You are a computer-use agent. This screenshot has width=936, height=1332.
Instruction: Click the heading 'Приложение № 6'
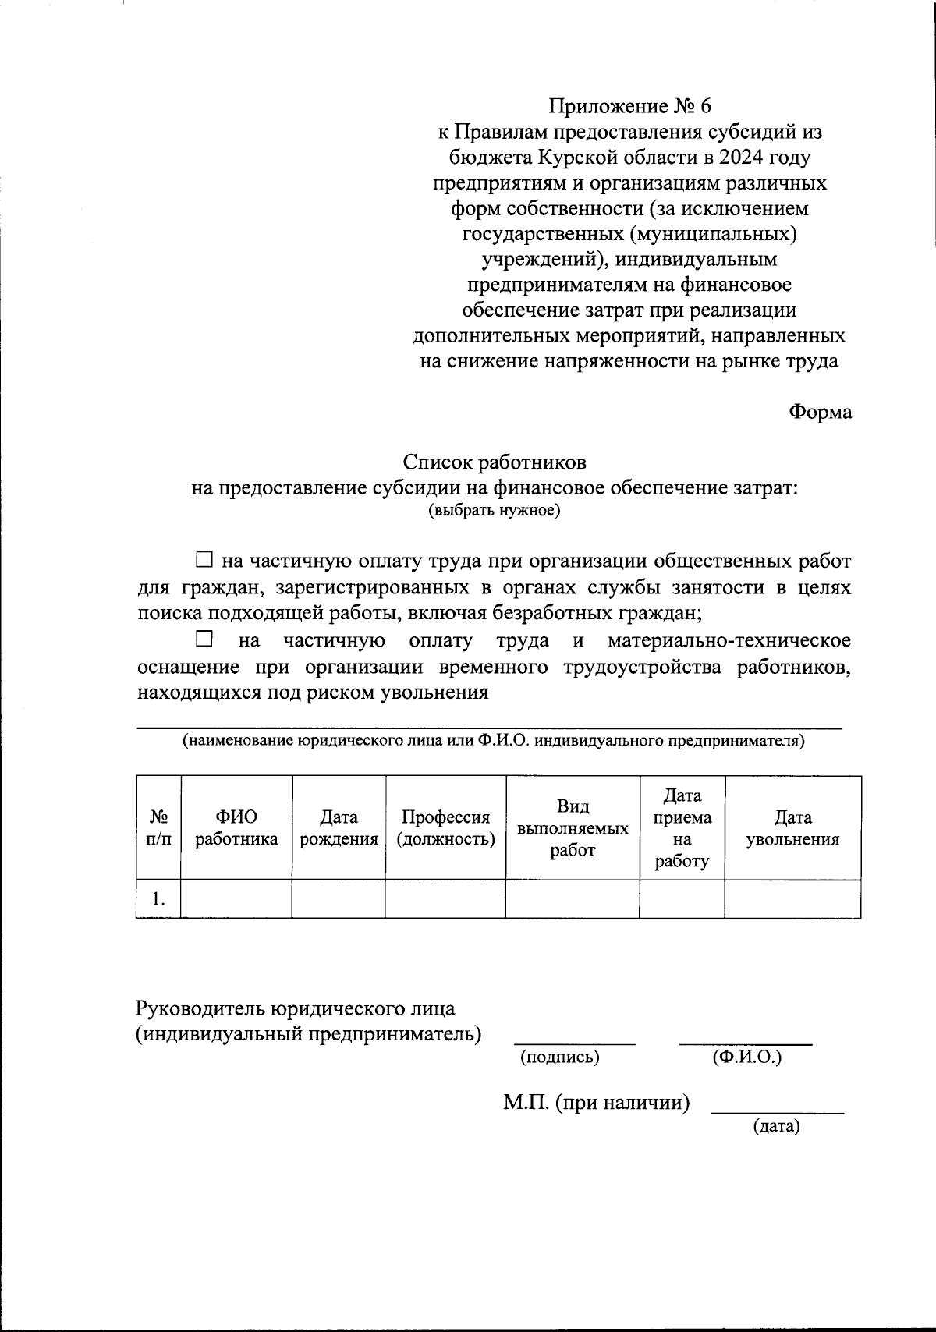coord(629,106)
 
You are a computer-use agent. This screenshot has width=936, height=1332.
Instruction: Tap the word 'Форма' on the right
coord(820,412)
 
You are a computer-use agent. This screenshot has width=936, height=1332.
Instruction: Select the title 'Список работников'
coord(495,462)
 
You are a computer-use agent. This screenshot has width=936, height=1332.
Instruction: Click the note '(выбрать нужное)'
coord(495,511)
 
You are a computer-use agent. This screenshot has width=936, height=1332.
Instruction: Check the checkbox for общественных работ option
coord(204,559)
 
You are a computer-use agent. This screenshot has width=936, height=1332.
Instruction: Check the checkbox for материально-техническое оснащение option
coord(204,639)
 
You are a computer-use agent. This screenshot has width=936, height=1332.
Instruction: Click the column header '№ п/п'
coord(159,828)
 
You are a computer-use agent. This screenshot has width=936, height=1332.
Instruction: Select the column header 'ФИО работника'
coord(236,828)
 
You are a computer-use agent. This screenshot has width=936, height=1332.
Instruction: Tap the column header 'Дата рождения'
coord(339,828)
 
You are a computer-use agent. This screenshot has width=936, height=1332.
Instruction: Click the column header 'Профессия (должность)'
coord(445,828)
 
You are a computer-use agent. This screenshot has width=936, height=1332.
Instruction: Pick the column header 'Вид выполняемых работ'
coord(573,828)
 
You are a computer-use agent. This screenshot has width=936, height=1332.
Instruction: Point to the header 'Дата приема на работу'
coord(682,828)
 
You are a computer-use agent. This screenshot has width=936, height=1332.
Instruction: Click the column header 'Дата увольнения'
coord(792,828)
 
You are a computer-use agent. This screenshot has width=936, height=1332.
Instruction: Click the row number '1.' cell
coord(159,899)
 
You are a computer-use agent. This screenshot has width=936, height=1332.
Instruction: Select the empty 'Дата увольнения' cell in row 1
coord(792,899)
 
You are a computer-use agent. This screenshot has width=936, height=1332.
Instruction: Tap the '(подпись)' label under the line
coord(559,1057)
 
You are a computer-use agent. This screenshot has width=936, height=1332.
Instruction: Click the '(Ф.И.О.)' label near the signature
coord(746,1057)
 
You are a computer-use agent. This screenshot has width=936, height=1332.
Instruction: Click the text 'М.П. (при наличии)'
coord(597,1103)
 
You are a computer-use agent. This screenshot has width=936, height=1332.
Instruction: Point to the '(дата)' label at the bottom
coord(776,1126)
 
